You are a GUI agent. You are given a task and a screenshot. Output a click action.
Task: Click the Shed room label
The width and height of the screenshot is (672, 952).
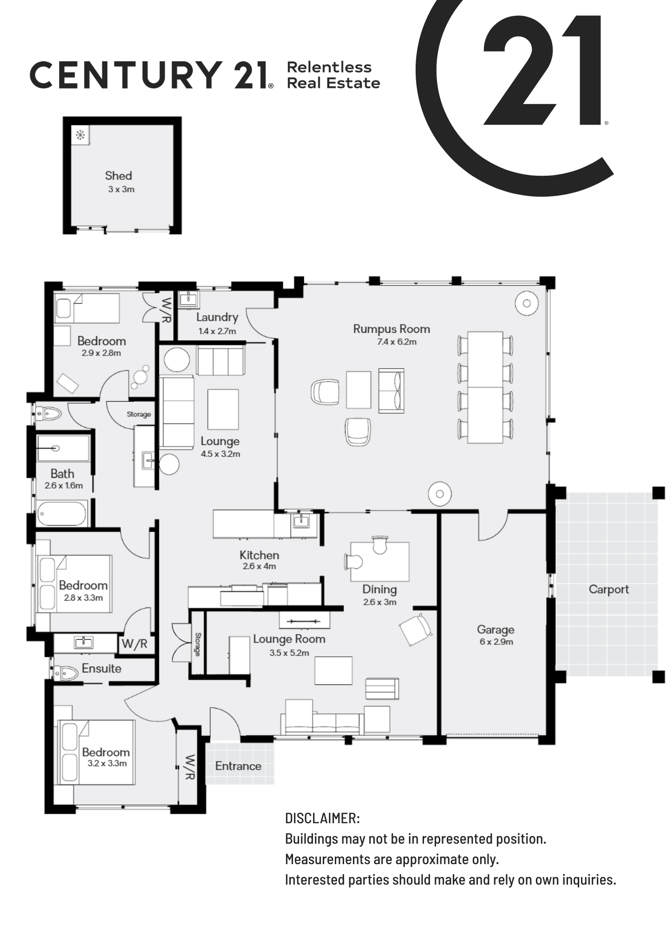pyautogui.click(x=118, y=176)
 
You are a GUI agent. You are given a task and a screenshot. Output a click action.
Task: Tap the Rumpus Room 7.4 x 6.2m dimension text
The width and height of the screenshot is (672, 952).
pyautogui.click(x=397, y=342)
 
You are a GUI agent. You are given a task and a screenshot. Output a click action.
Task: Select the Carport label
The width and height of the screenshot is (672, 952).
pyautogui.click(x=609, y=589)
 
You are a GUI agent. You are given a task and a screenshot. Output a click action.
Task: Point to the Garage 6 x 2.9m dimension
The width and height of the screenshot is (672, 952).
pyautogui.click(x=496, y=642)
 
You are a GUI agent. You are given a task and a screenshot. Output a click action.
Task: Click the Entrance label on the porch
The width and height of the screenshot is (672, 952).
pyautogui.click(x=238, y=766)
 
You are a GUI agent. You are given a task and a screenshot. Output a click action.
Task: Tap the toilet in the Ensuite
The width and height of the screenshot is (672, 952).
pyautogui.click(x=66, y=673)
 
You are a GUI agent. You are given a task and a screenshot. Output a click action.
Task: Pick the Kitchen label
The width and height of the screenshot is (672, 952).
pyautogui.click(x=259, y=555)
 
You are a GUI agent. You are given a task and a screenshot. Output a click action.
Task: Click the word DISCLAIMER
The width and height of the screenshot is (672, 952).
pyautogui.click(x=322, y=819)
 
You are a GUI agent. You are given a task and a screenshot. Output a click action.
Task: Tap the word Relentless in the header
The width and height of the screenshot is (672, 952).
pyautogui.click(x=329, y=67)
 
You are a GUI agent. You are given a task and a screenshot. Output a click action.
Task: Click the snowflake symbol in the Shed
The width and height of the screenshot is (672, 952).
pyautogui.click(x=80, y=135)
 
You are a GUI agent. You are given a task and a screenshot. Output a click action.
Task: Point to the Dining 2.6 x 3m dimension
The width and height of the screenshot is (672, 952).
pyautogui.click(x=380, y=602)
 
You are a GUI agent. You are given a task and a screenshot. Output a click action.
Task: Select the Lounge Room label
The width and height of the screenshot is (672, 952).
pyautogui.click(x=289, y=639)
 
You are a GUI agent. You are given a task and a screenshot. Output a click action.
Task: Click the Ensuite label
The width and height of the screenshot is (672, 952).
pyautogui.click(x=102, y=668)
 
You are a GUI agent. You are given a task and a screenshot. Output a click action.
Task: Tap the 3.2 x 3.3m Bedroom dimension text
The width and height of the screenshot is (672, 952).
pyautogui.click(x=107, y=763)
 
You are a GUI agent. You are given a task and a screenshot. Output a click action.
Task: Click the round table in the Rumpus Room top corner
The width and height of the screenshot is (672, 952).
pyautogui.click(x=527, y=303)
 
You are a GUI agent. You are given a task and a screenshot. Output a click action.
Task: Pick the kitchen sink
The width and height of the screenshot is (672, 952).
pyautogui.click(x=301, y=521)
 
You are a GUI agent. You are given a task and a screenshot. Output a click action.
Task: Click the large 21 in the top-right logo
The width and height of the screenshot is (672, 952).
pyautogui.click(x=542, y=70)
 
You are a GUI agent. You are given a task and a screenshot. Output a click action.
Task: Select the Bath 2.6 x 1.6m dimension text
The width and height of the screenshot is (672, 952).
pyautogui.click(x=64, y=486)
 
